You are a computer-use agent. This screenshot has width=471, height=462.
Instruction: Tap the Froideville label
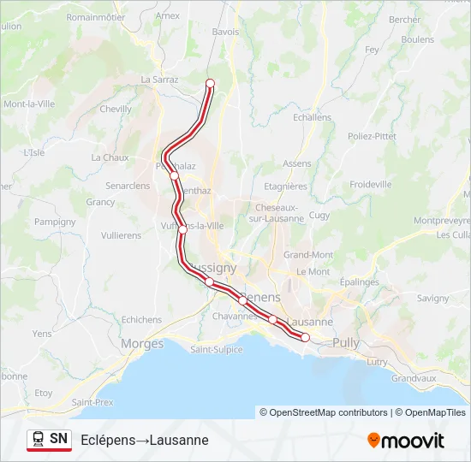click(370, 184)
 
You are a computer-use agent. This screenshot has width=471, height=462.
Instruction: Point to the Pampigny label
click(55, 222)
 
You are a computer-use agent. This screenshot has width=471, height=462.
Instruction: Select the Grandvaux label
click(414, 378)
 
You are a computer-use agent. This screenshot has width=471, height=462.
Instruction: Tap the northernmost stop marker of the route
click(210, 83)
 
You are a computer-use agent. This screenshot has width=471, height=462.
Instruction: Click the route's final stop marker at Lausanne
click(305, 337)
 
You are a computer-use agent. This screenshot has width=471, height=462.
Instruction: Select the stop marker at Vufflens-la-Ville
click(182, 229)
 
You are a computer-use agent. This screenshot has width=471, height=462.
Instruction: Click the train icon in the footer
click(38, 440)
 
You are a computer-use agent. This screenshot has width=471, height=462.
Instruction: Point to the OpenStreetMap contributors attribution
click(328, 412)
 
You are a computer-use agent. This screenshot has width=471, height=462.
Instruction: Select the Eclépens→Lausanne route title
click(145, 440)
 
